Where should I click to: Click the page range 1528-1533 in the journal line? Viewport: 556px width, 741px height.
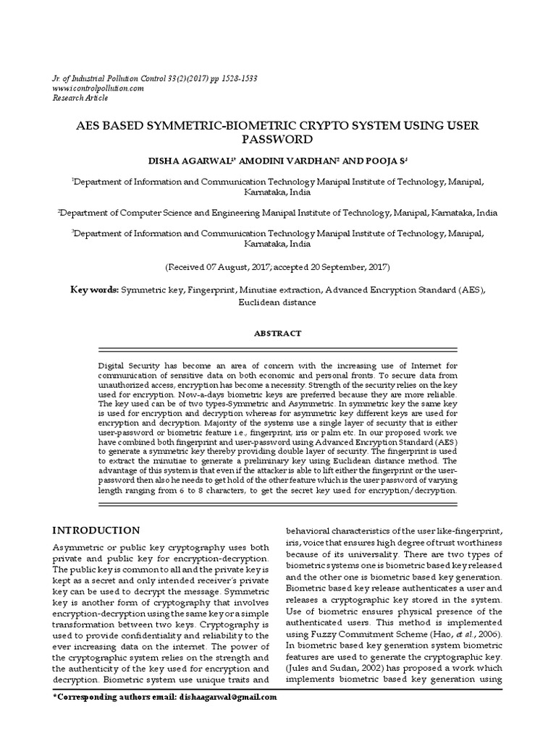(235, 77)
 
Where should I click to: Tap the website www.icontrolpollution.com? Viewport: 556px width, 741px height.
(98, 88)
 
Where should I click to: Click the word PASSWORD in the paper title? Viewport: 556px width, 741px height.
(278, 139)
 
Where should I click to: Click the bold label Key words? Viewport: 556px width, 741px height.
(94, 290)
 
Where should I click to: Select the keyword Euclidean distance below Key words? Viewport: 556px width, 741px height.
(278, 302)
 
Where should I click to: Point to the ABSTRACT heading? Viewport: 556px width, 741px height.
(278, 334)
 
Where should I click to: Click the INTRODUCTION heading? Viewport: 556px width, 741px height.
(97, 530)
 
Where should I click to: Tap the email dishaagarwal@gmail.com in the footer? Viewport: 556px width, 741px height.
(226, 697)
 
